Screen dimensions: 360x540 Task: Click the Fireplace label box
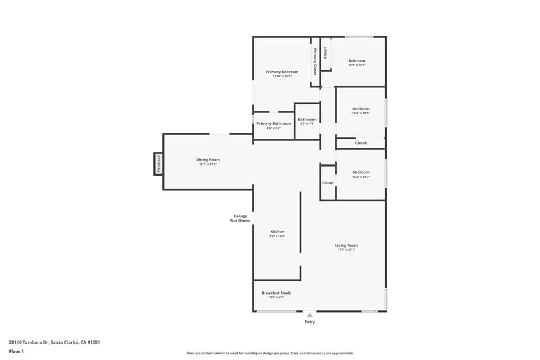pyautogui.click(x=158, y=163)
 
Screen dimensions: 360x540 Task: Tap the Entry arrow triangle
pyautogui.click(x=310, y=315)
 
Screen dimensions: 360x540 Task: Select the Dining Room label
pyautogui.click(x=208, y=160)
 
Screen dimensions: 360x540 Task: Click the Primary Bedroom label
pyautogui.click(x=282, y=72)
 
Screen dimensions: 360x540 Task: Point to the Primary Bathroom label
pyautogui.click(x=273, y=124)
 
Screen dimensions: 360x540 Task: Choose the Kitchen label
pyautogui.click(x=277, y=232)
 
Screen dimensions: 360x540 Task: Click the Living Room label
pyautogui.click(x=346, y=245)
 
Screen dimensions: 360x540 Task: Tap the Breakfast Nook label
pyautogui.click(x=276, y=293)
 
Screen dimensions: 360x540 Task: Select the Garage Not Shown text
pyautogui.click(x=240, y=218)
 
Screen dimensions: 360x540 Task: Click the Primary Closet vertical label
pyautogui.click(x=315, y=62)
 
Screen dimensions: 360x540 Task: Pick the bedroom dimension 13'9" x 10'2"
pyautogui.click(x=356, y=65)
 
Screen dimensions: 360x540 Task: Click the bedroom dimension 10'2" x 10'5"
pyautogui.click(x=361, y=113)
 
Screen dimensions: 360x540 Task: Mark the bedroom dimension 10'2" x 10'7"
pyautogui.click(x=361, y=177)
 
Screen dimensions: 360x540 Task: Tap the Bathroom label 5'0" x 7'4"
pyautogui.click(x=307, y=124)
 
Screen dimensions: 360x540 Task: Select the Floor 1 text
pyautogui.click(x=16, y=351)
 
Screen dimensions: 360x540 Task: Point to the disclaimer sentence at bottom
pyautogui.click(x=269, y=353)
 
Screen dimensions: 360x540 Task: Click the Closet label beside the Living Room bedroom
pyautogui.click(x=328, y=183)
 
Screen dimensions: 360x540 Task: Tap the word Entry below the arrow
pyautogui.click(x=310, y=322)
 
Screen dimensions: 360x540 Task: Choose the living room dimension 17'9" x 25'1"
pyautogui.click(x=346, y=250)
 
